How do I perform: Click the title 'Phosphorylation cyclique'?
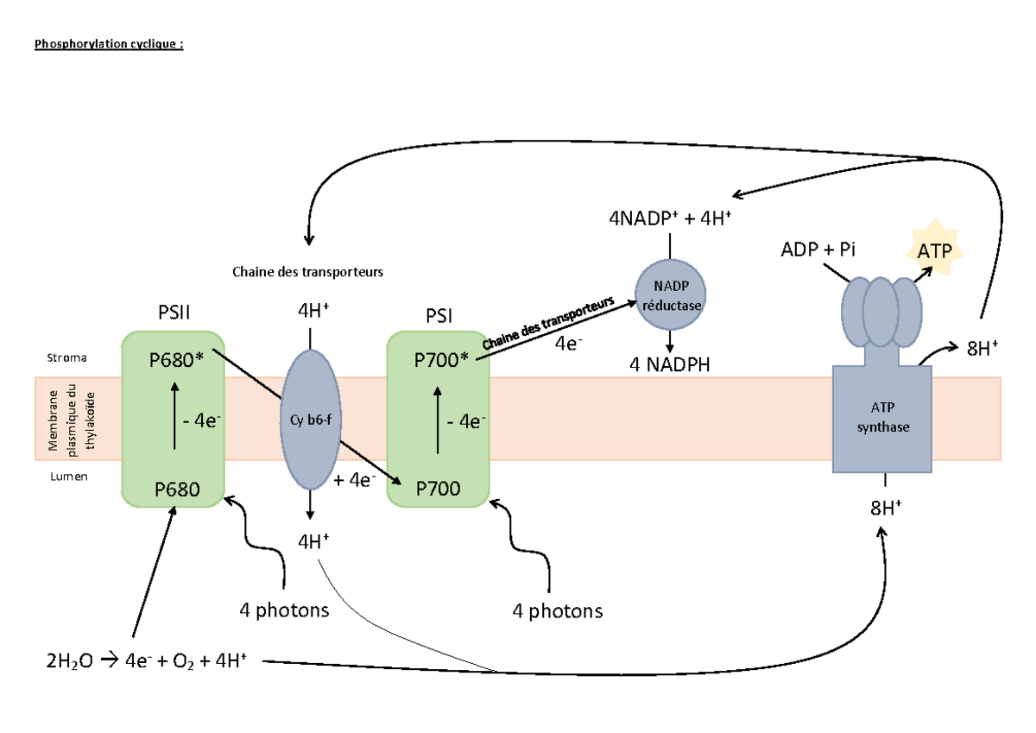pyautogui.click(x=109, y=44)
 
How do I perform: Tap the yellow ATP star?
pyautogui.click(x=935, y=250)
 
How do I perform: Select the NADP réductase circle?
pyautogui.click(x=671, y=295)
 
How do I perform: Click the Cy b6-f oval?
pyautogui.click(x=308, y=420)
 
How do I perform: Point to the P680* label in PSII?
pyautogui.click(x=176, y=360)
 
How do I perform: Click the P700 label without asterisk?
pyautogui.click(x=438, y=490)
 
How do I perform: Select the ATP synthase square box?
pyautogui.click(x=881, y=419)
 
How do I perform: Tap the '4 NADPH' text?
pyautogui.click(x=670, y=364)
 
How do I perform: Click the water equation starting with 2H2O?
pyautogui.click(x=148, y=662)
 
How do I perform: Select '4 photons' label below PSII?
pyautogui.click(x=284, y=610)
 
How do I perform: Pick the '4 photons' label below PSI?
pyautogui.click(x=557, y=611)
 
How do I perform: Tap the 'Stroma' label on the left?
pyautogui.click(x=61, y=356)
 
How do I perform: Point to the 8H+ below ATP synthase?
pyautogui.click(x=886, y=507)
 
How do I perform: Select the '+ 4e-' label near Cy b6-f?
pyautogui.click(x=354, y=480)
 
